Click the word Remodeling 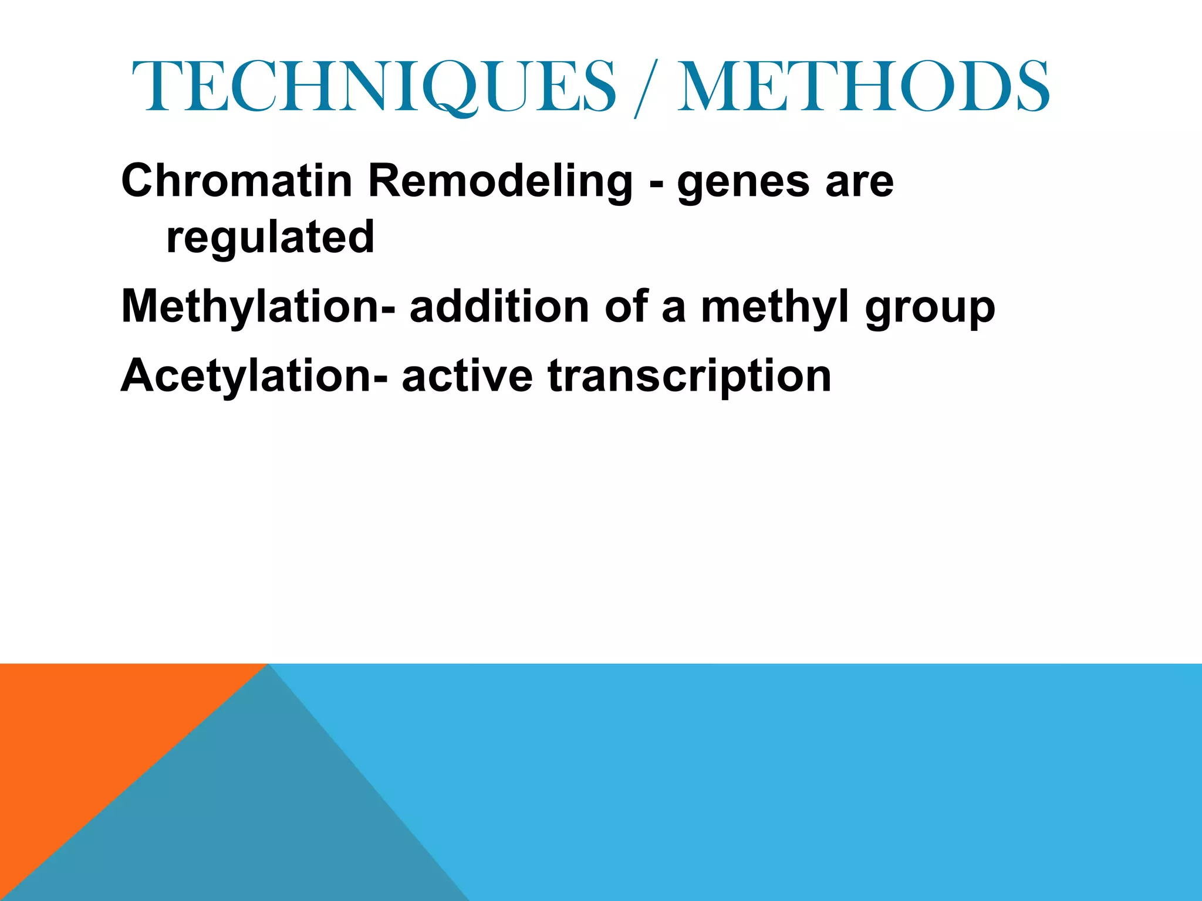click(x=500, y=182)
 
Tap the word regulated click(x=270, y=238)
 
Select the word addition click(x=499, y=306)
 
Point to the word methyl click(x=775, y=307)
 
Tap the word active click(x=467, y=375)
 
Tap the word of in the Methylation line click(x=625, y=306)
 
